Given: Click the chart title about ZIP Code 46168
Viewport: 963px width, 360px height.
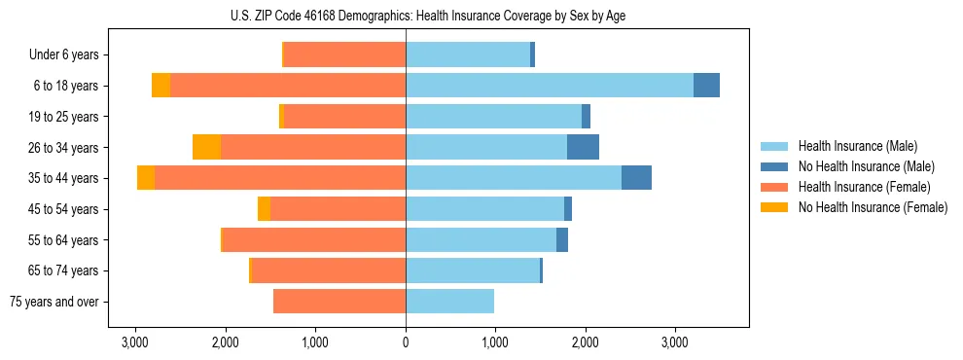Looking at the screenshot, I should [406, 15].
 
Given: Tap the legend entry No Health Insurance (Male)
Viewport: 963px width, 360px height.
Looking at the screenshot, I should [865, 166].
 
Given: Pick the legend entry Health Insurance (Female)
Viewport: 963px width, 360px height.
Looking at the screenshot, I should [864, 187].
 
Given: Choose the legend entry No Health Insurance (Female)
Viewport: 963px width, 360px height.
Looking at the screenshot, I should [872, 207].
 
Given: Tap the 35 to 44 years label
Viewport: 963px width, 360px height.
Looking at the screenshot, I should [64, 178].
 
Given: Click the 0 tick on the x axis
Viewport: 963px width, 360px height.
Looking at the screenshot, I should [406, 342].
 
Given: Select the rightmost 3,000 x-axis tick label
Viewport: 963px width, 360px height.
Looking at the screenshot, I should [675, 342].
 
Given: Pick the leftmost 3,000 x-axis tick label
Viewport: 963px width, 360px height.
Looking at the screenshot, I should [135, 342].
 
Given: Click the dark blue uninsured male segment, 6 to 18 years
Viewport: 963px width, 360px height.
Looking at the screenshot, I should [706, 86].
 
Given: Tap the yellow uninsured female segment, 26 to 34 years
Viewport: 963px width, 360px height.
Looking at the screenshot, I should [206, 147].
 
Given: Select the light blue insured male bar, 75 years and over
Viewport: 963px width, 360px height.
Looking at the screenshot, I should [449, 302].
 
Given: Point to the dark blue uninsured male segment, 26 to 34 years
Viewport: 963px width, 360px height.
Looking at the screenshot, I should [583, 147].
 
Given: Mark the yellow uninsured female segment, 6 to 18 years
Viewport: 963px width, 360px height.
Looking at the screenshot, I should [160, 86].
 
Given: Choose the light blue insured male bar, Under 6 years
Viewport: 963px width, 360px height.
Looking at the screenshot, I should [468, 55].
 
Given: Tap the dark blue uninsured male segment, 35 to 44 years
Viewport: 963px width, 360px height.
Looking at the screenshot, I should [636, 178].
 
